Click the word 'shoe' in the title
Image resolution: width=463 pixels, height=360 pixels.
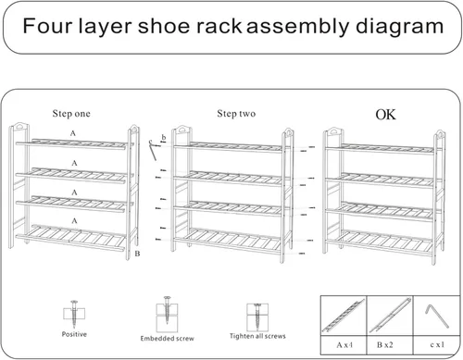point(164,26)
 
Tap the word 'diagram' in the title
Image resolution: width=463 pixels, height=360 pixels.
point(399,27)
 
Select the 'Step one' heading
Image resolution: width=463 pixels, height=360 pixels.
point(71,114)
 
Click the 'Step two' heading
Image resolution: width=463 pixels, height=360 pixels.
point(236,114)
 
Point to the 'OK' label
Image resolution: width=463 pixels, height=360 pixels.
point(385,115)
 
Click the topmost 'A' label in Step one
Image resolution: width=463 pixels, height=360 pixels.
point(73,133)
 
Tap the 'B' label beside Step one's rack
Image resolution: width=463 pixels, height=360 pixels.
point(137,254)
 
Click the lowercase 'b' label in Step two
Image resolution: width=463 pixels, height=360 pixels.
point(164,137)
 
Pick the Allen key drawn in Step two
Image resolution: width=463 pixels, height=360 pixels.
point(153,151)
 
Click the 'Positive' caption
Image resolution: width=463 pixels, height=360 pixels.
point(74,334)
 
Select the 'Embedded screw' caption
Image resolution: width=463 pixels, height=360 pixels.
point(167,339)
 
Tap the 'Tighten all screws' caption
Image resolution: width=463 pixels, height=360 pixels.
point(257,336)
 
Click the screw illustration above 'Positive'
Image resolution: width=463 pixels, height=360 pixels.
point(74,314)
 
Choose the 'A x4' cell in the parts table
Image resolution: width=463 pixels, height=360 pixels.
point(344,345)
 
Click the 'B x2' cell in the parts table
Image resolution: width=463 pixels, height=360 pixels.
point(385,345)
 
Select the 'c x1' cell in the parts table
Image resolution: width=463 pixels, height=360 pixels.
point(437,345)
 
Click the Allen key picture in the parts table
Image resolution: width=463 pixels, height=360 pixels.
point(436,316)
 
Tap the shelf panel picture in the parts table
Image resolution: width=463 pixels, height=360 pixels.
point(344,316)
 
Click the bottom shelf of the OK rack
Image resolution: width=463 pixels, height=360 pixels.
point(380,243)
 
